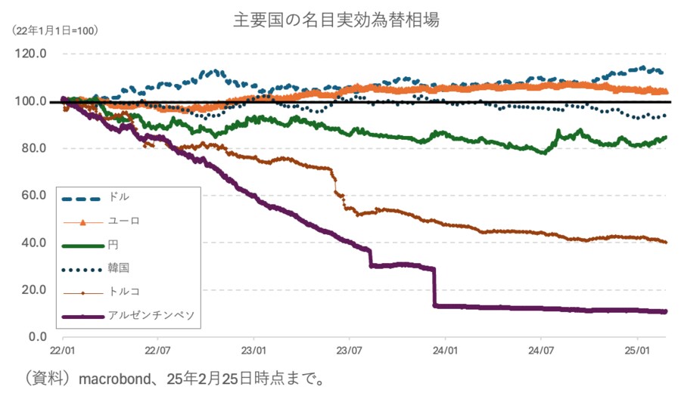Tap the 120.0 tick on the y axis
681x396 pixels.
31,54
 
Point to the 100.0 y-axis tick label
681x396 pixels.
31,101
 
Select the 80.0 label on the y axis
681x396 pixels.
34,148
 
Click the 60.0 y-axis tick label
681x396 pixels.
34,196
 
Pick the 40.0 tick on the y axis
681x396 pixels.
34,243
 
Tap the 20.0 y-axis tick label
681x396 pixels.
34,289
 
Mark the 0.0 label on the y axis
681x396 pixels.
37,336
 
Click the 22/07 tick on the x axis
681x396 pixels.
157,351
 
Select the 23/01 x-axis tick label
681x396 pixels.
253,351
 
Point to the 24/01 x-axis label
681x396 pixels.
445,351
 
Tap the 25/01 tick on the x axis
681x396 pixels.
637,351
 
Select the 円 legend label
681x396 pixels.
113,244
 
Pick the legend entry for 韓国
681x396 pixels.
119,268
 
